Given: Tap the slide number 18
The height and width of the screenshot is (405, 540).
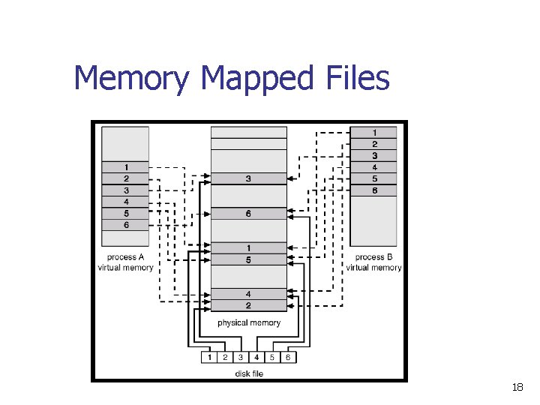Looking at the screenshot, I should tap(517, 388).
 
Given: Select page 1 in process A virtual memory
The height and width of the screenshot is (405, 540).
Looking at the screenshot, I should tap(125, 167).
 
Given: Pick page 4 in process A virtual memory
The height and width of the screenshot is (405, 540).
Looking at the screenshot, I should tap(125, 202).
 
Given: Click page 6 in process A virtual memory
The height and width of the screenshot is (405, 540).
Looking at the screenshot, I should tap(125, 225).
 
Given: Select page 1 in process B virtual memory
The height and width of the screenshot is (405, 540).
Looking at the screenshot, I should tap(373, 133).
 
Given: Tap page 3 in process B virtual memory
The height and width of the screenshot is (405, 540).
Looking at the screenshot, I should tap(373, 156).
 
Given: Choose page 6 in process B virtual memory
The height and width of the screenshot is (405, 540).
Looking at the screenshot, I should tap(373, 190).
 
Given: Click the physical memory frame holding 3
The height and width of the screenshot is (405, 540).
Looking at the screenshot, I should tap(248, 179).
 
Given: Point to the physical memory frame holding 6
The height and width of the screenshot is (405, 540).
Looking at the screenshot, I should tap(248, 214).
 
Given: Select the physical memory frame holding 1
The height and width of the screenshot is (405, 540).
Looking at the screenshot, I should tap(248, 248).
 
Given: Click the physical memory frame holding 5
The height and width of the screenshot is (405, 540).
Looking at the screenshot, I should tap(248, 259).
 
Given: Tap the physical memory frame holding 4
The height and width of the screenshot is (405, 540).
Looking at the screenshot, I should tap(248, 294).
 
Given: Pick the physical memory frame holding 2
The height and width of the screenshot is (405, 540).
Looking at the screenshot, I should tap(248, 305).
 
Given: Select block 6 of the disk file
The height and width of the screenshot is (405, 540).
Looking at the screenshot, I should tap(288, 357).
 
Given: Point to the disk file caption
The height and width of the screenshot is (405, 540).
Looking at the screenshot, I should tap(248, 373).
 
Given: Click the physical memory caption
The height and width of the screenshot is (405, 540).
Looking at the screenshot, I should tap(248, 322).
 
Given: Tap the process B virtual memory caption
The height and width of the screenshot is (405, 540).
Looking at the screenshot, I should tap(373, 262).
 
